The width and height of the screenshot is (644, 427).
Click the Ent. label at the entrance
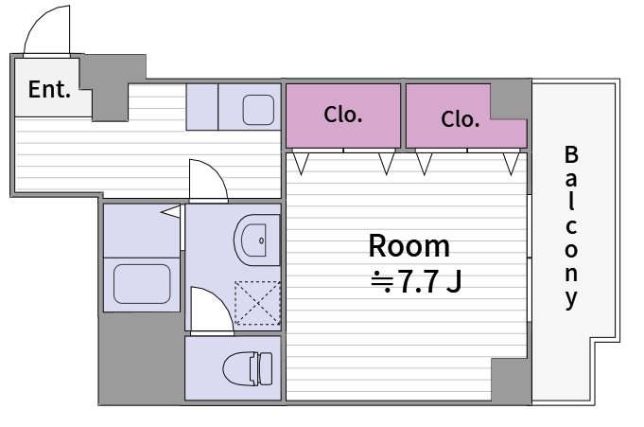(x=49, y=89)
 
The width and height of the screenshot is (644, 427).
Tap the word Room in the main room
(x=409, y=246)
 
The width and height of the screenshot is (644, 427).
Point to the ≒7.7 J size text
(x=416, y=282)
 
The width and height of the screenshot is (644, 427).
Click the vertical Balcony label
(x=571, y=226)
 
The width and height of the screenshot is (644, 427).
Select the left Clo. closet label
(x=343, y=115)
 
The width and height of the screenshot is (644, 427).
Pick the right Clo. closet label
(x=460, y=119)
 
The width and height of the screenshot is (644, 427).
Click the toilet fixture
(x=247, y=368)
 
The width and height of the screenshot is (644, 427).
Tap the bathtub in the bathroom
(x=142, y=284)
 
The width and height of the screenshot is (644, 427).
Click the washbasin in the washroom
(x=256, y=240)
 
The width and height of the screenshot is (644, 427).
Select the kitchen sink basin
(x=258, y=110)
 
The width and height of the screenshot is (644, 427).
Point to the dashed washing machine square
(x=257, y=303)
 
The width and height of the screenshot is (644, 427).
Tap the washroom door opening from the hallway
(x=208, y=180)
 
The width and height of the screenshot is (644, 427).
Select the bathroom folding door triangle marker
(x=171, y=212)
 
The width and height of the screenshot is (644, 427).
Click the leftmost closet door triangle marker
(x=301, y=163)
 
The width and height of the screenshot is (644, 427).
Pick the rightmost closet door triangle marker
(x=512, y=164)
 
